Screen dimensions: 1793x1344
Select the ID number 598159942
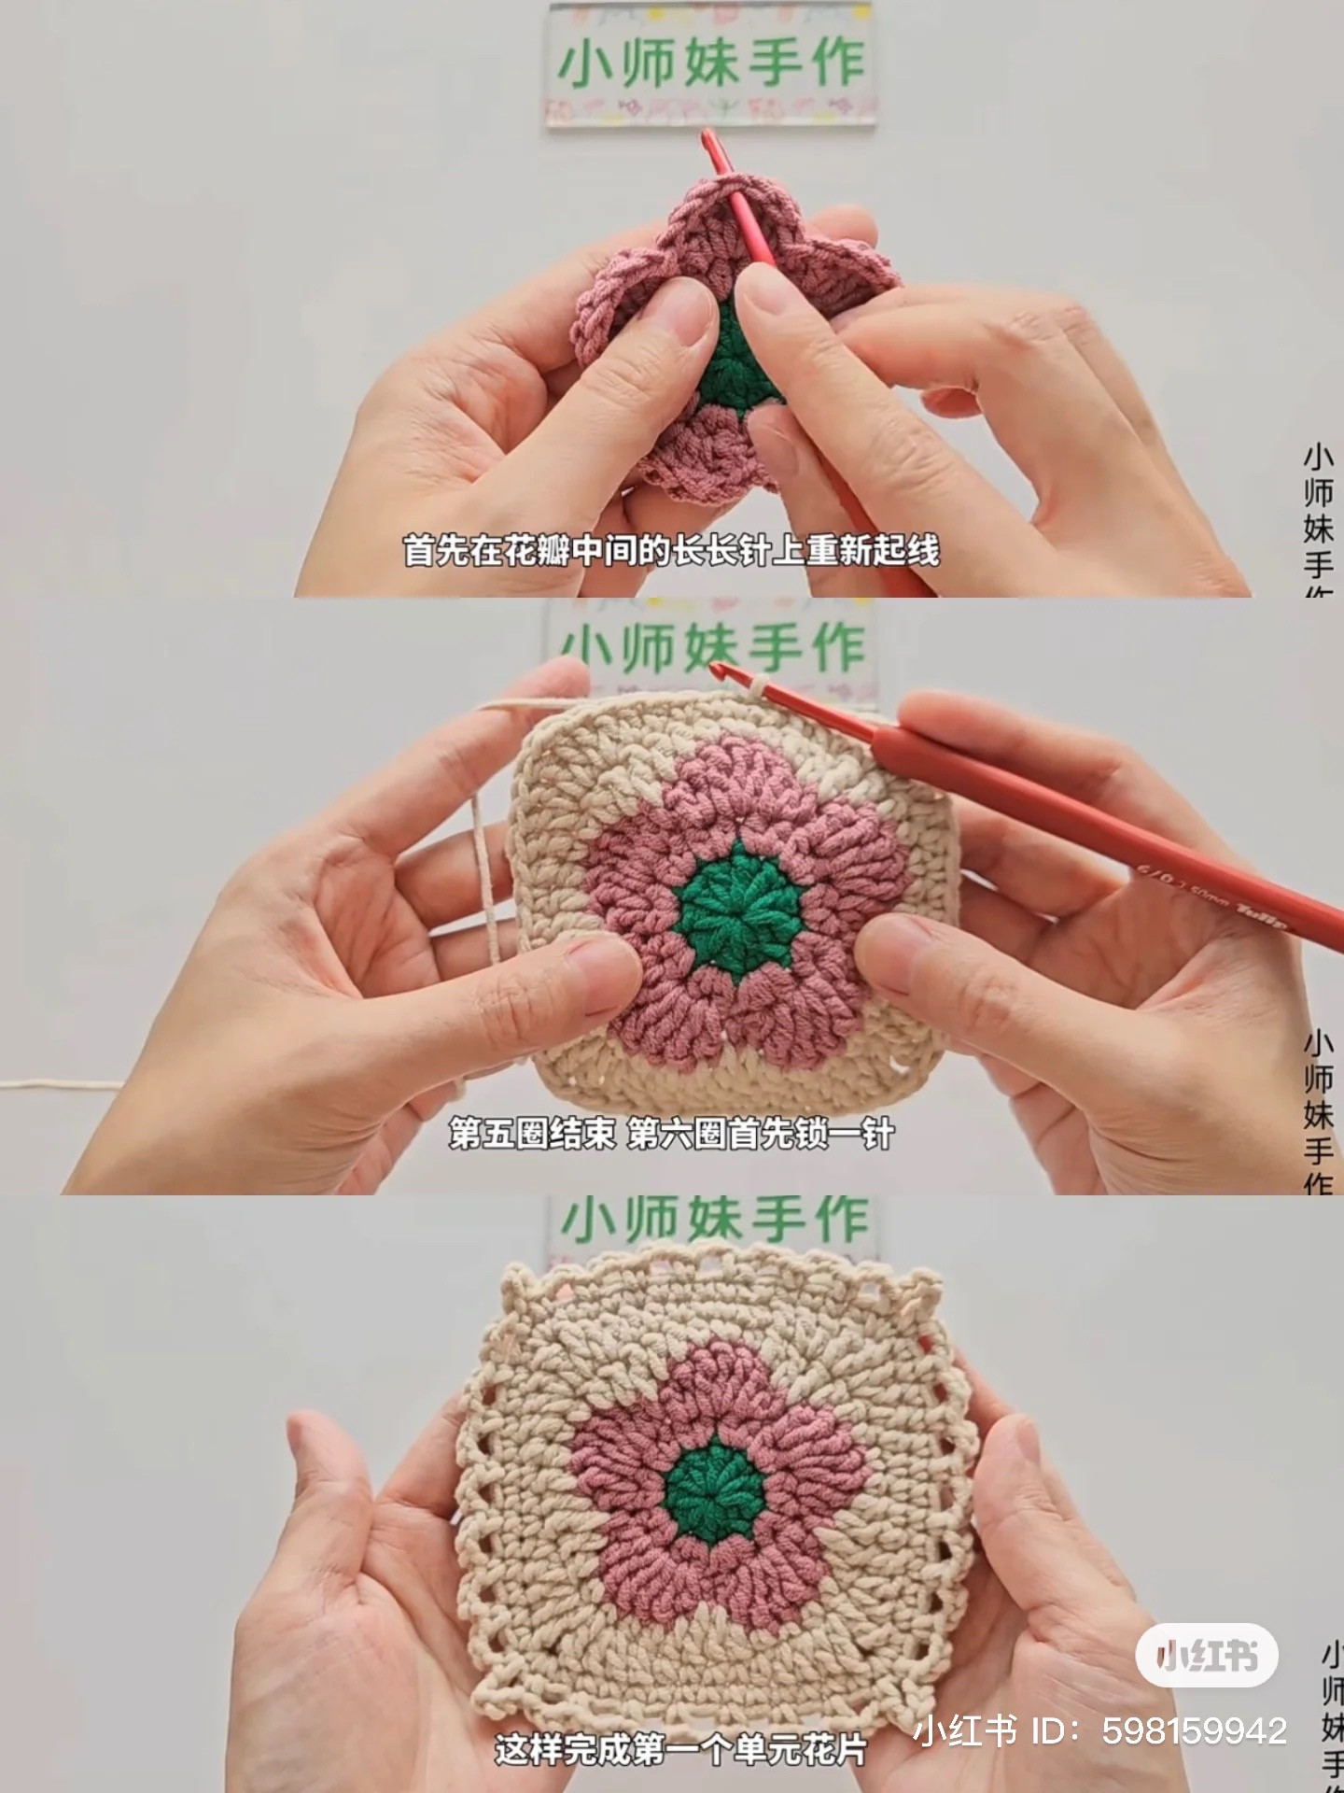point(1195,1729)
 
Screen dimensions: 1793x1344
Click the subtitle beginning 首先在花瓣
point(671,551)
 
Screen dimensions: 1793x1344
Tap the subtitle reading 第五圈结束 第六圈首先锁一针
point(671,1134)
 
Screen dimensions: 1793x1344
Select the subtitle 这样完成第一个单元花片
point(680,1748)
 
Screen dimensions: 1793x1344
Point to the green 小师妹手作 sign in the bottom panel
point(714,1221)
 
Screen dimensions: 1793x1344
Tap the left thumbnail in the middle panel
point(597,962)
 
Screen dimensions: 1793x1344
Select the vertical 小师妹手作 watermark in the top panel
point(1318,518)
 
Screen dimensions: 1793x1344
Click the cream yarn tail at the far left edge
point(37,1085)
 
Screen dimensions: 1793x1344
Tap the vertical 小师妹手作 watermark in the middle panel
point(1318,1111)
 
